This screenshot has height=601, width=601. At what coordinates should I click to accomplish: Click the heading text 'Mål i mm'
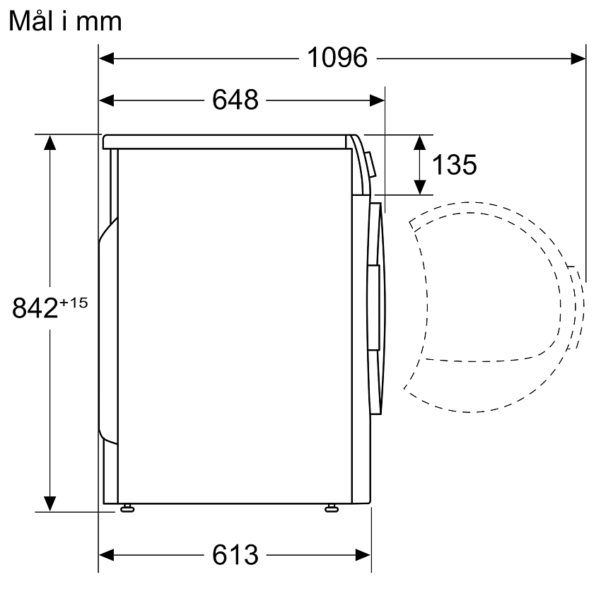(x=65, y=21)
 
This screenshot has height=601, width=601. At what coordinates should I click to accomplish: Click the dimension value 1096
(x=337, y=58)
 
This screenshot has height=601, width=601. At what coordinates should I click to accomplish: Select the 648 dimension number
(x=235, y=100)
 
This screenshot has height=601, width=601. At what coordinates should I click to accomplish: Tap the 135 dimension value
(x=455, y=165)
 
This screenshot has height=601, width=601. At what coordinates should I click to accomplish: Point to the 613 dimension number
(x=235, y=554)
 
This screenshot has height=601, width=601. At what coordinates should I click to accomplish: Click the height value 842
(x=35, y=308)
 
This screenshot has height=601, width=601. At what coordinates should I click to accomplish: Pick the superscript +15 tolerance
(x=74, y=303)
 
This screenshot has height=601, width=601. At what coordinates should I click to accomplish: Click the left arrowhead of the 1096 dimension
(x=107, y=59)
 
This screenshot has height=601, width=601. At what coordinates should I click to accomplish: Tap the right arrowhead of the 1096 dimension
(x=578, y=59)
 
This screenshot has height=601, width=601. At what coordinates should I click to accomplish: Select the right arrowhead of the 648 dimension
(x=377, y=100)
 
